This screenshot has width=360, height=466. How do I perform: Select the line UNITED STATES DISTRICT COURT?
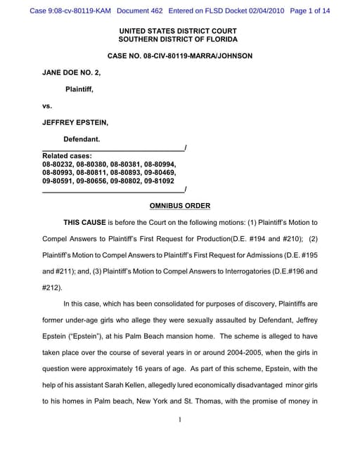pos(178,31)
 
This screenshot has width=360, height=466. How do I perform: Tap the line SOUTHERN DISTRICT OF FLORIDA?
pos(178,39)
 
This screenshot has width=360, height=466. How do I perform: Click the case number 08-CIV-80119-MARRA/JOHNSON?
pos(179,56)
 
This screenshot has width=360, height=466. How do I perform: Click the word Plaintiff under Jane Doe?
pos(79,89)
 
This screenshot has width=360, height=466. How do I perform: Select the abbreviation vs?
pos(47,105)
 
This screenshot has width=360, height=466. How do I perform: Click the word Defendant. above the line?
pos(82,139)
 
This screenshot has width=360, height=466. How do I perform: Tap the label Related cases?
pos(67,155)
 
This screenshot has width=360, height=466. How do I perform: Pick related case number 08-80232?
pos(58,164)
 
